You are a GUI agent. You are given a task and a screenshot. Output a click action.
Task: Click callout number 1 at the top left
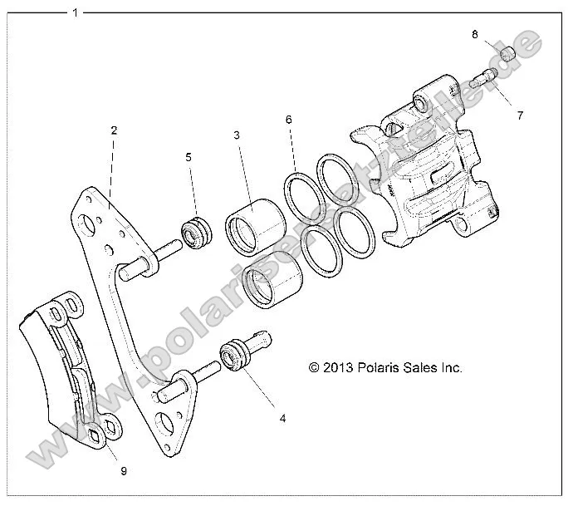(x=76, y=12)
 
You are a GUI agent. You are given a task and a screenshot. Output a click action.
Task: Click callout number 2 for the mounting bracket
(x=114, y=130)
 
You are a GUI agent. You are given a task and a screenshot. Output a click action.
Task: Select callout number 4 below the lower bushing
(x=282, y=418)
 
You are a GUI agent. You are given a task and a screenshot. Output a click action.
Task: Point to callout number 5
(x=189, y=156)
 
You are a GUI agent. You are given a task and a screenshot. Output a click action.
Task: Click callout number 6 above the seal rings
(x=288, y=120)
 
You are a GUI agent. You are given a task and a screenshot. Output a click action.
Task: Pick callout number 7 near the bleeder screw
(x=520, y=115)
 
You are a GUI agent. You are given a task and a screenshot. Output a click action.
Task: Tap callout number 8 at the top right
(x=474, y=34)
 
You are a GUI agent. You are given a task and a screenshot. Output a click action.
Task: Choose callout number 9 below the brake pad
(x=123, y=471)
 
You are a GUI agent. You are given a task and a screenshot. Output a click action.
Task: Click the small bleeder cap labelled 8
(x=507, y=55)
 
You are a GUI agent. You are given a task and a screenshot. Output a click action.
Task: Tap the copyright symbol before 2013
(x=314, y=366)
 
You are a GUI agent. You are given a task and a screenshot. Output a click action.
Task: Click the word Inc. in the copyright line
(x=451, y=366)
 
